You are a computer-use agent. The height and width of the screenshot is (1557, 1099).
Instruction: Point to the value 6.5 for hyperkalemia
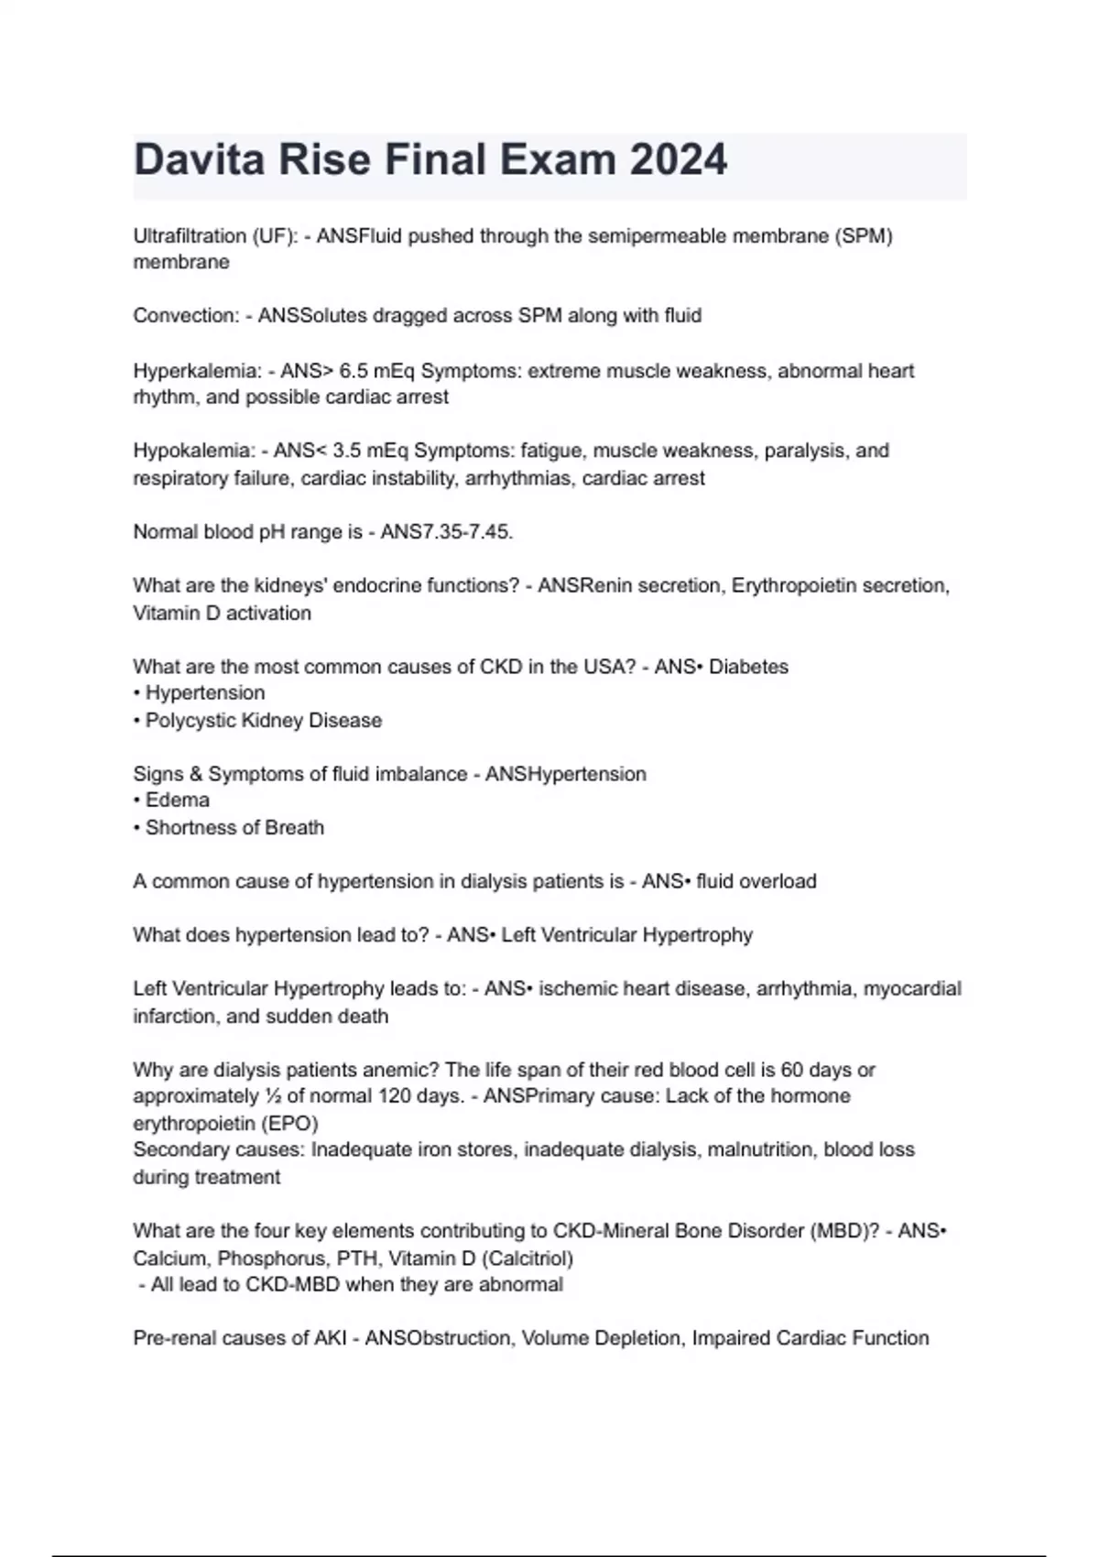[353, 371]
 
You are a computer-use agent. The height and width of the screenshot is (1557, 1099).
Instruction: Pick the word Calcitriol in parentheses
[530, 1258]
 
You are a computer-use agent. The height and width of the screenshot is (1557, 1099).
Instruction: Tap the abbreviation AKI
[331, 1339]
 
